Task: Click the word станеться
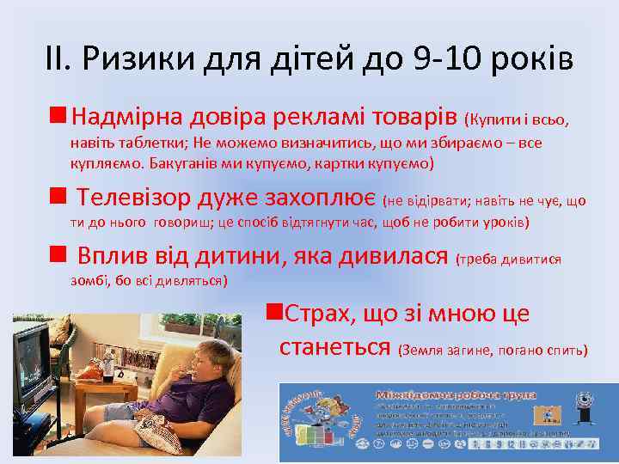(x=337, y=348)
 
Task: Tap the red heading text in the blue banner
(x=456, y=395)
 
